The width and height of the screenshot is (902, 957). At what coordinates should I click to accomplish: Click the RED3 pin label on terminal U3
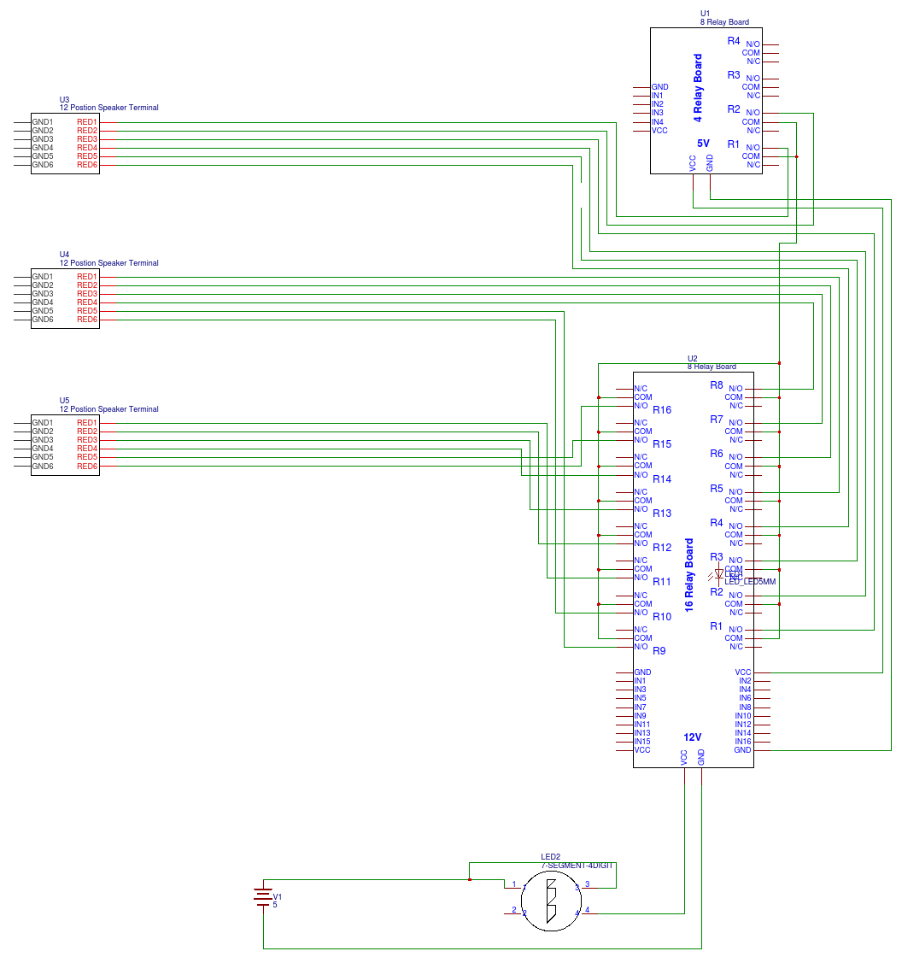[87, 139]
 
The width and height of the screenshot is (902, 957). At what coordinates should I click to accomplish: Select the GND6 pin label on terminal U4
[43, 320]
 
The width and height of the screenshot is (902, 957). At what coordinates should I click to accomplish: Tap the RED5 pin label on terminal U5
[87, 457]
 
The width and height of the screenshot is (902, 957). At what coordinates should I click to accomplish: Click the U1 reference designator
[705, 14]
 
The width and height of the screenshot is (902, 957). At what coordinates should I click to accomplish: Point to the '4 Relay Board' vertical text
[698, 85]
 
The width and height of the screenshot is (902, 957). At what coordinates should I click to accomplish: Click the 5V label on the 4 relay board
[703, 144]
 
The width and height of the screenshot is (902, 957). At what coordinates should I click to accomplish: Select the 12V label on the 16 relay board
[692, 737]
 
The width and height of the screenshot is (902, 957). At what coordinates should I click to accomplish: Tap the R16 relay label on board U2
[662, 410]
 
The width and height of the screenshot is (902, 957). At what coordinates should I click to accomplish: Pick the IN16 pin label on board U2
[742, 742]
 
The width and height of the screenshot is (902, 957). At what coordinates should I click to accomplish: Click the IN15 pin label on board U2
[641, 742]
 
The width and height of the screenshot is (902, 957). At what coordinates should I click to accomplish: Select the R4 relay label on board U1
[734, 41]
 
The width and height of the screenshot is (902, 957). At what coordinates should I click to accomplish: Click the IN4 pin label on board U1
[657, 121]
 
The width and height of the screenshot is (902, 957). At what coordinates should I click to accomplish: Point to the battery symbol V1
[263, 897]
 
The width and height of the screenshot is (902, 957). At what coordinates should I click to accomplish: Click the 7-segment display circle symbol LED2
[551, 901]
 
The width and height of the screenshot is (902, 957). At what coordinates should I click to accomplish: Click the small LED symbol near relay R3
[719, 573]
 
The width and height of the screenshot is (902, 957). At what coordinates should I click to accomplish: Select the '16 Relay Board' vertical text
[689, 574]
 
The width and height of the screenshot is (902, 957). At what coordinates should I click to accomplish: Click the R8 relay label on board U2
[717, 385]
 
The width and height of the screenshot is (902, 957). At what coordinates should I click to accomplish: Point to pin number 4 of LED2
[587, 910]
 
